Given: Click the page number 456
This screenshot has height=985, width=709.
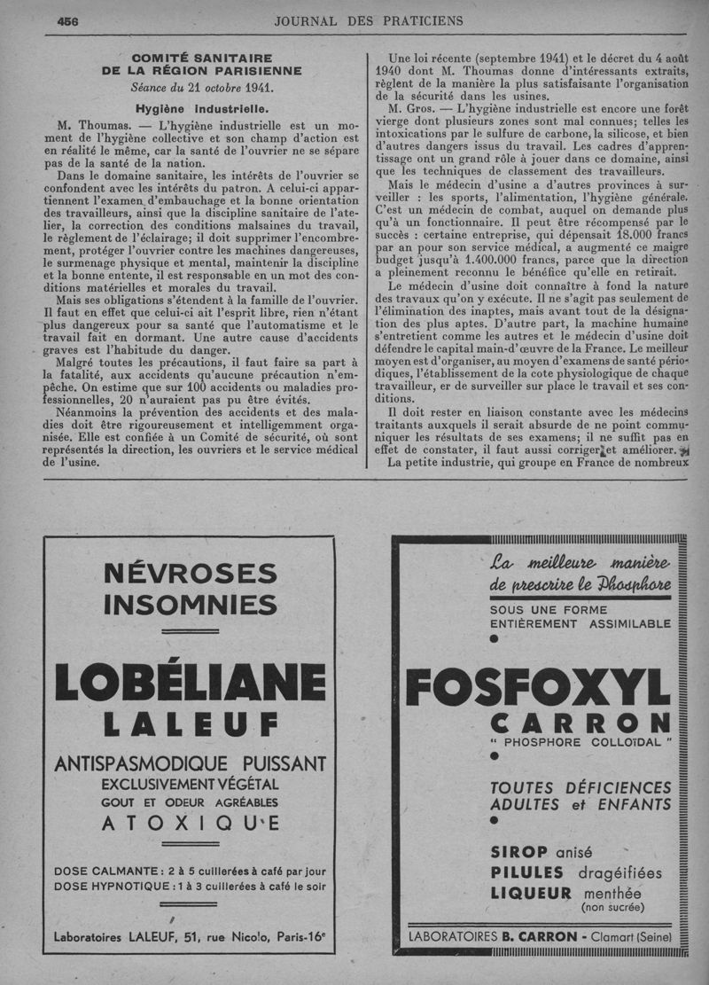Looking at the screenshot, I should pyautogui.click(x=67, y=22).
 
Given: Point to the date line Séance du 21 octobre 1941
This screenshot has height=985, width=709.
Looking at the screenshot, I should pyautogui.click(x=201, y=88).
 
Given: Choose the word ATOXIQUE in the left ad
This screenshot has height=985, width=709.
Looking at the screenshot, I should pyautogui.click(x=189, y=825).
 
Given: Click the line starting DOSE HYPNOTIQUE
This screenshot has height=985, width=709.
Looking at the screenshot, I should pyautogui.click(x=190, y=885).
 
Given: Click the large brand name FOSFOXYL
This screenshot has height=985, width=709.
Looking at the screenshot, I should pyautogui.click(x=538, y=691).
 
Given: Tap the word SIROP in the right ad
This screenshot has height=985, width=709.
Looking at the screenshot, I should pyautogui.click(x=518, y=852).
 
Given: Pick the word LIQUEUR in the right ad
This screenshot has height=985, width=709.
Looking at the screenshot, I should pyautogui.click(x=531, y=893).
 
